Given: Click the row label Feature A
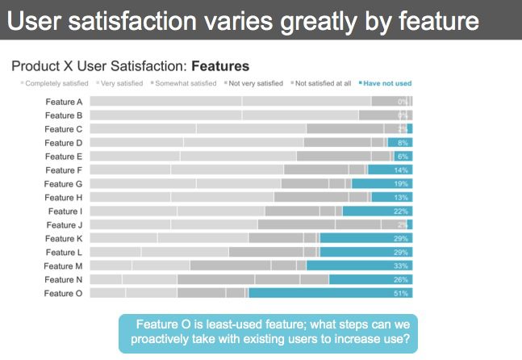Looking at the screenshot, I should click(x=63, y=102).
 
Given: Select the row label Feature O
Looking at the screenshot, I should click(x=63, y=294).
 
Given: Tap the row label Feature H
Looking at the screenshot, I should click(x=63, y=198).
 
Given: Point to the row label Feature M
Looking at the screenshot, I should click(x=63, y=266).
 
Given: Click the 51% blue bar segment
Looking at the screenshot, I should click(x=331, y=294).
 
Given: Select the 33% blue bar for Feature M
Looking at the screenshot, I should click(x=359, y=266).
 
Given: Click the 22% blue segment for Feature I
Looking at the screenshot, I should click(x=377, y=211).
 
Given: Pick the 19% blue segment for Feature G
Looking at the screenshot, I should click(x=382, y=184).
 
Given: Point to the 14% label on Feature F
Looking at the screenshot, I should click(x=401, y=170).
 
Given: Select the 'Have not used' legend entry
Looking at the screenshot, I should click(x=386, y=83).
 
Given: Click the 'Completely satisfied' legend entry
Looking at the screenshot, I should click(x=56, y=83).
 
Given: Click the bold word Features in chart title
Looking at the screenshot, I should click(x=220, y=65).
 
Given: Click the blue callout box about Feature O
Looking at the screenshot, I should click(x=268, y=333).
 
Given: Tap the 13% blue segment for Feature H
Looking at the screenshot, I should click(x=391, y=198).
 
